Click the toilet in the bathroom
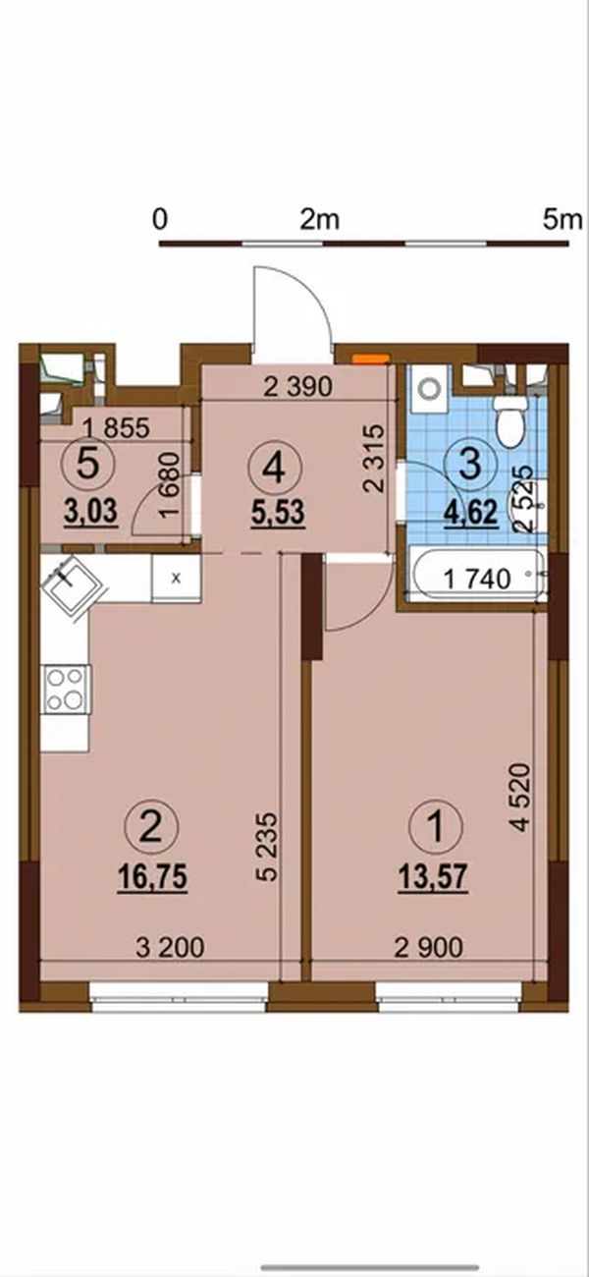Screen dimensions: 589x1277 point(511,420)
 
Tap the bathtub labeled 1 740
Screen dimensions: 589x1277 point(478,574)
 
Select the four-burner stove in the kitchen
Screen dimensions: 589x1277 point(66,689)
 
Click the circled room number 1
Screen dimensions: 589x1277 point(436,826)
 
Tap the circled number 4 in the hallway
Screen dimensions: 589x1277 point(275,470)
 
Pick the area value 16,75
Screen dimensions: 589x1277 point(153,875)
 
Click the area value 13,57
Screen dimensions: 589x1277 point(433,875)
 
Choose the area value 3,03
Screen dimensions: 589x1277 point(91,510)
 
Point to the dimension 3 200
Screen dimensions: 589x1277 point(170,948)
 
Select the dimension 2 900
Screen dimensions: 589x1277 point(429,948)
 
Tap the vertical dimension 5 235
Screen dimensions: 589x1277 point(267,847)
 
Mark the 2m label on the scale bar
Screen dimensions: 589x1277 point(320,220)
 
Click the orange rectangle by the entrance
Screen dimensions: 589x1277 point(371,359)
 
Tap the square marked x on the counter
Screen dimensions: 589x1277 point(176,578)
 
